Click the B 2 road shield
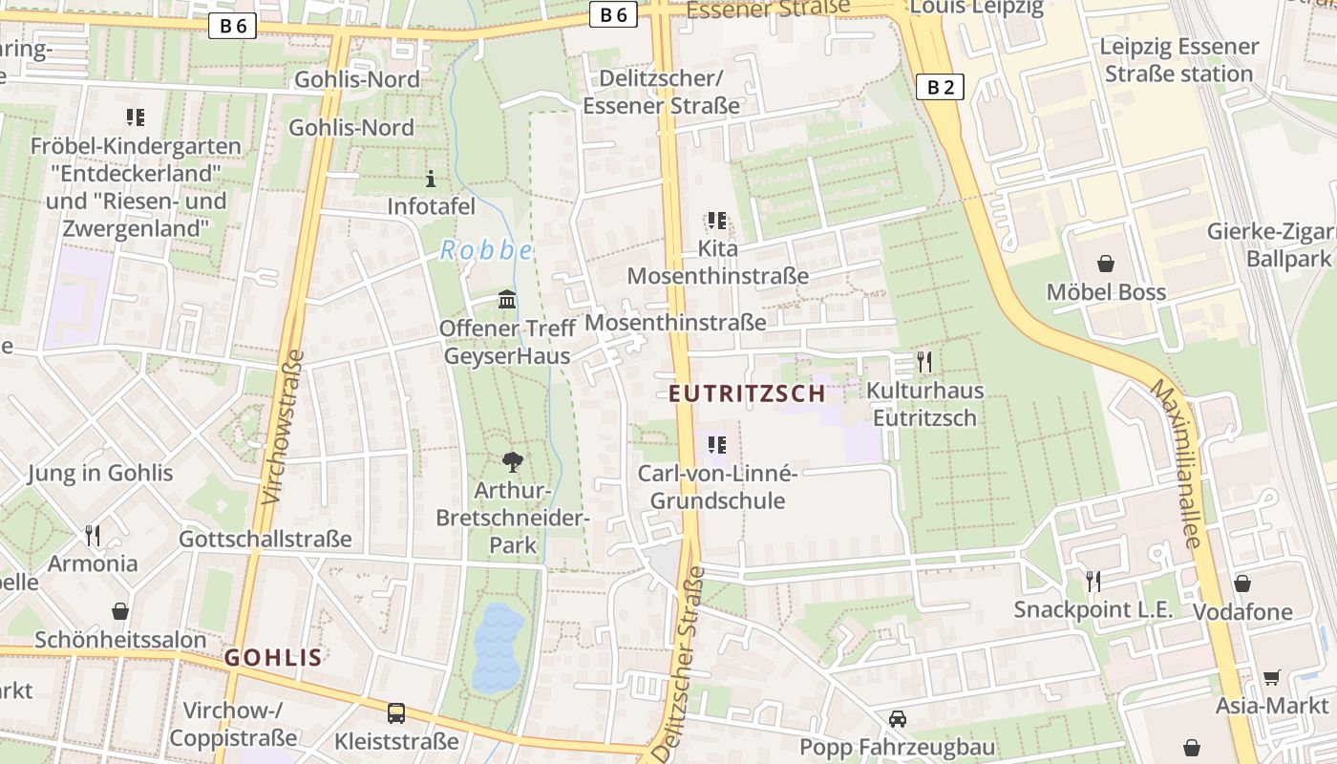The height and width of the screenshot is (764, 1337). [x=941, y=88]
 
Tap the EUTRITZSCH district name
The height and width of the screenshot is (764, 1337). [x=747, y=393]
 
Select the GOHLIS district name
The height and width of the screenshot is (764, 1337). [x=273, y=657]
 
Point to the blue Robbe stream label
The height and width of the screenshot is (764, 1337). [x=486, y=251]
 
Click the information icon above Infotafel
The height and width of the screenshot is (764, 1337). [x=430, y=179]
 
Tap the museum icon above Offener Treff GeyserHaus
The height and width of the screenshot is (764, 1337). [x=508, y=300]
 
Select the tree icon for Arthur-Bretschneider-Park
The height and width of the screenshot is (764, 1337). [x=512, y=462]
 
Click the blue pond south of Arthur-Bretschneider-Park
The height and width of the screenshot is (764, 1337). [x=498, y=647]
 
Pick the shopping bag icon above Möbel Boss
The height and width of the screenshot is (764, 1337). [x=1106, y=264]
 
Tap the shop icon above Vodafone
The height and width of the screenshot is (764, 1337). [x=1241, y=584]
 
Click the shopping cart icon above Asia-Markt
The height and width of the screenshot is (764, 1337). [x=1271, y=677]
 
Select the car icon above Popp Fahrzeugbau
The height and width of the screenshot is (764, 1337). [x=897, y=719]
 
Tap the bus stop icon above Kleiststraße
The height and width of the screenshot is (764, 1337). [x=395, y=712]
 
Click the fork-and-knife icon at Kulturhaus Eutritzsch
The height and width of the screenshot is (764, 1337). [x=923, y=362]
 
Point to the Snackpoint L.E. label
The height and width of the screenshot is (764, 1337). [x=1093, y=609]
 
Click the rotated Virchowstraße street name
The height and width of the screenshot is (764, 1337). [x=282, y=426]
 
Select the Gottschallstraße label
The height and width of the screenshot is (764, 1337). [x=265, y=539]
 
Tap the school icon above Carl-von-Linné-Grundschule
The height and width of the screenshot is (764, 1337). [x=717, y=445]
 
